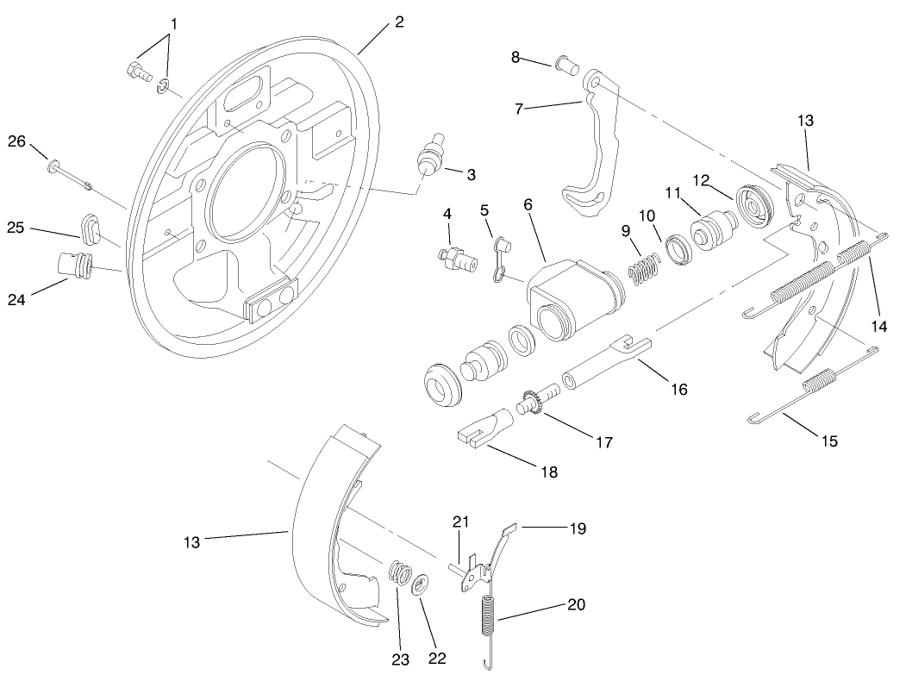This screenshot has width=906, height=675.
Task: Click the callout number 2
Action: click(398, 22)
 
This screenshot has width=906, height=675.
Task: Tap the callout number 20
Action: click(576, 604)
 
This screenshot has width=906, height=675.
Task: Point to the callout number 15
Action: click(828, 441)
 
